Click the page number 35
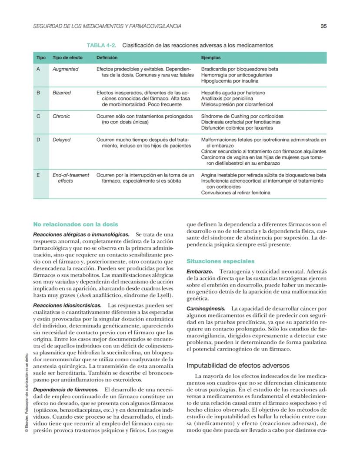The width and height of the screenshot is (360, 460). pos(323,26)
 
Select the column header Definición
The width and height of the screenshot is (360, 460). pos(107,57)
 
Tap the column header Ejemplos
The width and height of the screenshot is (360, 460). pos(210,57)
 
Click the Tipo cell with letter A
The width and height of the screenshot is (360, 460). pos(38,69)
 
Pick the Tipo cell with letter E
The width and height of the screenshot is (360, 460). pos(38,175)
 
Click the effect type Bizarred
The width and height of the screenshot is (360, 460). pos(62,93)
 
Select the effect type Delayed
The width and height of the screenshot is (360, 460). pos(61,140)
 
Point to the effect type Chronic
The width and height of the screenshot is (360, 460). pos(61,117)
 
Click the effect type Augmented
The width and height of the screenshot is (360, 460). pos(65,69)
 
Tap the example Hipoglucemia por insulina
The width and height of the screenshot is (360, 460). pos(230,81)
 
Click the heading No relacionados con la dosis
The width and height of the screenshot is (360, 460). pos(76,224)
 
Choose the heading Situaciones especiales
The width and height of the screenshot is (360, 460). pos(220,261)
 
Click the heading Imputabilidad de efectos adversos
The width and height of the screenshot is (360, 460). pos(238,366)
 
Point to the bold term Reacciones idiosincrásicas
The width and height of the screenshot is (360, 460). pos(67,306)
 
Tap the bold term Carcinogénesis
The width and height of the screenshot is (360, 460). pos(206,308)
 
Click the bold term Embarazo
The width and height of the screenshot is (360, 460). pos(200,271)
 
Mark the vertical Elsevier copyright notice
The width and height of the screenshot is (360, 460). pos(27,391)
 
